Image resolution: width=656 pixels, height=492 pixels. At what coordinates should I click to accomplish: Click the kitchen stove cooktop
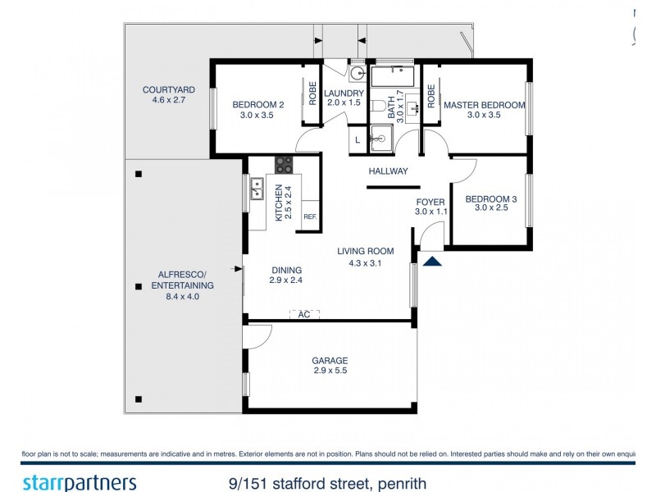coord(284,164)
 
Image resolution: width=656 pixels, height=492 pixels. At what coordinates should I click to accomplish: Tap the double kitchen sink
coord(256,190)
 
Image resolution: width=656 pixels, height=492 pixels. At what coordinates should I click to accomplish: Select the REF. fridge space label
coord(310,216)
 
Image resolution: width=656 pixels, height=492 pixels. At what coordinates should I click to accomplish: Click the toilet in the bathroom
coord(378,107)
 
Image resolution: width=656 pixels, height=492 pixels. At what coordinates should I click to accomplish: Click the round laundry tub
coord(357,71)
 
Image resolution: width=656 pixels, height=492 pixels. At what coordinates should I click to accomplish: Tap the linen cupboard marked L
coord(358,140)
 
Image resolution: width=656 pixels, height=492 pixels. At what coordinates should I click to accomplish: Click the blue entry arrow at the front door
coord(431,260)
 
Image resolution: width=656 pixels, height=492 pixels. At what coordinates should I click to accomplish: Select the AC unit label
coord(303,314)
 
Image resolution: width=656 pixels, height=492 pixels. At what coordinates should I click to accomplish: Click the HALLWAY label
coord(388,171)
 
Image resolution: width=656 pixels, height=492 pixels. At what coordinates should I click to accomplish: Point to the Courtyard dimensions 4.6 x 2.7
coord(168,100)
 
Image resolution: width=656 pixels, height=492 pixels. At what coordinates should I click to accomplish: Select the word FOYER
coord(430,201)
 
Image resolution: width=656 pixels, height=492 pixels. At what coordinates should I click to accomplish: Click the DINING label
coord(286,270)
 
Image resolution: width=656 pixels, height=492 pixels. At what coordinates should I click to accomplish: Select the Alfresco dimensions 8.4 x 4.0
coord(182,297)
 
